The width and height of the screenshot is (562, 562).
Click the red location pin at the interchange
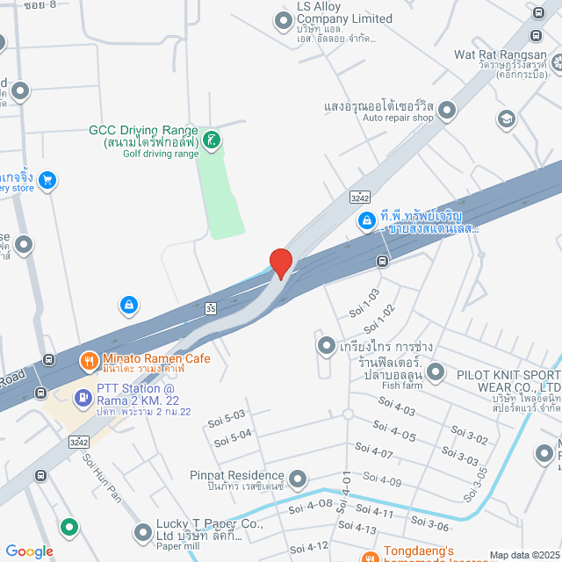tap(280, 263)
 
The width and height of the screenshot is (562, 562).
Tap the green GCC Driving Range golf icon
tap(212, 139)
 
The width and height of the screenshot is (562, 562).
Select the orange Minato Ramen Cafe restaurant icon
tap(89, 360)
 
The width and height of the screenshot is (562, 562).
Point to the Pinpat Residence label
tap(237, 476)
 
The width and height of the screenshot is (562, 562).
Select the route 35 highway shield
tap(210, 308)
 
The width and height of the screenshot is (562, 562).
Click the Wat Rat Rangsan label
tap(500, 54)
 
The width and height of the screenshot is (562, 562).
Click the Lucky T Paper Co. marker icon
tap(142, 532)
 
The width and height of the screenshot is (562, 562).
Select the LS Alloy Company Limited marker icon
tap(283, 19)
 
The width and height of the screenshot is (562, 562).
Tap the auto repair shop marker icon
tap(448, 111)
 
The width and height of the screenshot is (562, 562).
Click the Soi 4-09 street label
tap(383, 481)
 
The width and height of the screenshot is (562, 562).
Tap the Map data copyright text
tap(523, 554)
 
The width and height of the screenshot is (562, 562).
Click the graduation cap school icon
tap(506, 118)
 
